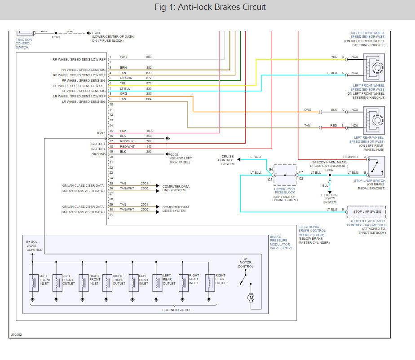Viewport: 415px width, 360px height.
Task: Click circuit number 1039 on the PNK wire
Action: (150, 131)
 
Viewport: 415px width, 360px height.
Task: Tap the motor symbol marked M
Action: (251, 297)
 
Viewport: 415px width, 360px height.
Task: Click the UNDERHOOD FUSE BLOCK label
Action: (284, 190)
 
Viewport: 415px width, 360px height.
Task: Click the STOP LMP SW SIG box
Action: (366, 211)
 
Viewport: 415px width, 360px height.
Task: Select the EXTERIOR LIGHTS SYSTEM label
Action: (329, 198)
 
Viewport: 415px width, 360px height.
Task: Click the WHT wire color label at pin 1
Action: (124, 57)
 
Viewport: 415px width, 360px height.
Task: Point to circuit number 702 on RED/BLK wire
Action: (149, 141)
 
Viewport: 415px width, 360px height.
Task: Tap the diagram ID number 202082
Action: (17, 334)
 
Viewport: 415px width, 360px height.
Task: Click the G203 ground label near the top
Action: (96, 32)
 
